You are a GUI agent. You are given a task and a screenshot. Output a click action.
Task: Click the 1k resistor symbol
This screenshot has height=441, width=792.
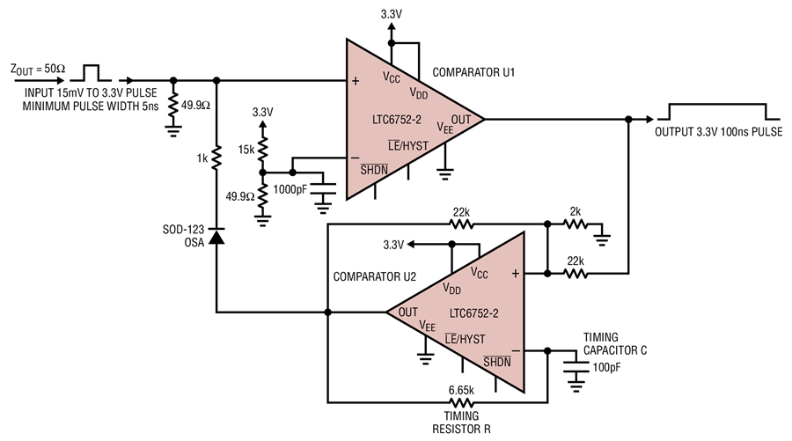216,157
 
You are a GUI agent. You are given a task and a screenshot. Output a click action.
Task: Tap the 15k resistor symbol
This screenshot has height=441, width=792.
262,149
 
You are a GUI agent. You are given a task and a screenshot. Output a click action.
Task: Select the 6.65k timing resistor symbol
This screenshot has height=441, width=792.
461,402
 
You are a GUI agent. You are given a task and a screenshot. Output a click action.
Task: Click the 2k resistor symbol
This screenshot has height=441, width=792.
576,224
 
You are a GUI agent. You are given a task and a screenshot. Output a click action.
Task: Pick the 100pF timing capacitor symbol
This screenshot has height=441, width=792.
576,367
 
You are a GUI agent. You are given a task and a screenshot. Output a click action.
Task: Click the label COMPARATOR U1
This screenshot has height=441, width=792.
473,72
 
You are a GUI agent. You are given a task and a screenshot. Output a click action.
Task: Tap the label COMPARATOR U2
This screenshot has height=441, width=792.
374,276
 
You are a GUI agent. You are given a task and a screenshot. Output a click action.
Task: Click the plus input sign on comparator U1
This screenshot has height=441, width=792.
356,81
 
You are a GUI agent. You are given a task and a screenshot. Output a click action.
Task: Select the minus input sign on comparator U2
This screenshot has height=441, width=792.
516,350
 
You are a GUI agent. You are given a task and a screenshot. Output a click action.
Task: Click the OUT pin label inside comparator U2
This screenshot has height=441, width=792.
407,312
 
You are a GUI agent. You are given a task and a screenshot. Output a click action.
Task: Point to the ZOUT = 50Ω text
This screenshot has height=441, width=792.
38,70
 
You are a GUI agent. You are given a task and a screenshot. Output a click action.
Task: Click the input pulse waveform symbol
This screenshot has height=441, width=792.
91,73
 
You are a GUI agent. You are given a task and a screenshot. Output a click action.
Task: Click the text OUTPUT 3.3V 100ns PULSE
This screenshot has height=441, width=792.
718,132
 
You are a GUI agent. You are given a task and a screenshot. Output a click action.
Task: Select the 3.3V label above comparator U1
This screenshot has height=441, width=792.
392,14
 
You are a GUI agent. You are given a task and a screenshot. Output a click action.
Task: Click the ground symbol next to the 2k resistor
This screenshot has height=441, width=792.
602,237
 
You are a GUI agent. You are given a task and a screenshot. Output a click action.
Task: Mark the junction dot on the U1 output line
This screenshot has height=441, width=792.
628,119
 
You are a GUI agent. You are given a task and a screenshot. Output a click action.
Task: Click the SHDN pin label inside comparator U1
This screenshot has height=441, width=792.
374,170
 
